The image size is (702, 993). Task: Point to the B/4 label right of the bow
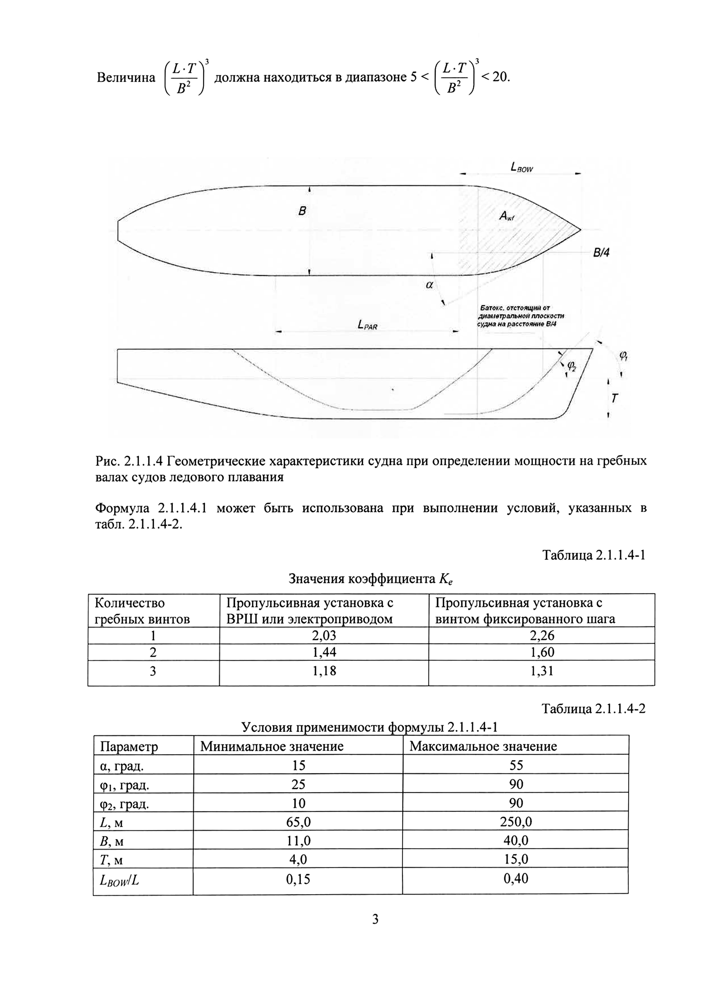tap(601, 253)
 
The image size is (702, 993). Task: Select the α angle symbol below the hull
tap(429, 285)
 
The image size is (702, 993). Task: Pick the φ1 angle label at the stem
tap(623, 356)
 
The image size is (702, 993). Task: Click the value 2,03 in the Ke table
tap(324, 635)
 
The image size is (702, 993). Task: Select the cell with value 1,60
tap(542, 652)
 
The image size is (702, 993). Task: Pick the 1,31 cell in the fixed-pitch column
tap(542, 671)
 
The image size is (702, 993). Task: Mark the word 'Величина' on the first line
tap(126, 77)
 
